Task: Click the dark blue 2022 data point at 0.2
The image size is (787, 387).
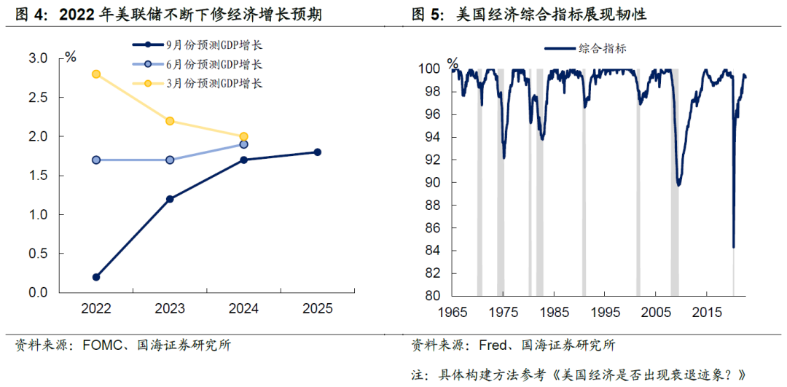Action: point(96,277)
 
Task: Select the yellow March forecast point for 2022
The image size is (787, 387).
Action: point(96,74)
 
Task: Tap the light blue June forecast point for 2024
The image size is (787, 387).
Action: point(243,144)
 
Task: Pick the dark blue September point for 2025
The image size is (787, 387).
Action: point(317,152)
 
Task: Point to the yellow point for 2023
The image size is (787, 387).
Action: point(170,121)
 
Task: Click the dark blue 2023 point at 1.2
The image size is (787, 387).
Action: point(170,199)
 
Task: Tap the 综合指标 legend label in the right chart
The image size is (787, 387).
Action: point(603,49)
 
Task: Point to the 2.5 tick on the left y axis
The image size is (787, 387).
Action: point(37,98)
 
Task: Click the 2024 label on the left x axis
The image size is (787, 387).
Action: point(243,309)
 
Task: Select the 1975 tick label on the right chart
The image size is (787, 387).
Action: point(503,313)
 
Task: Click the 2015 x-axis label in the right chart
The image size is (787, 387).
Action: point(706,313)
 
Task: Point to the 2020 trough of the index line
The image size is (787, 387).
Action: point(733,247)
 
